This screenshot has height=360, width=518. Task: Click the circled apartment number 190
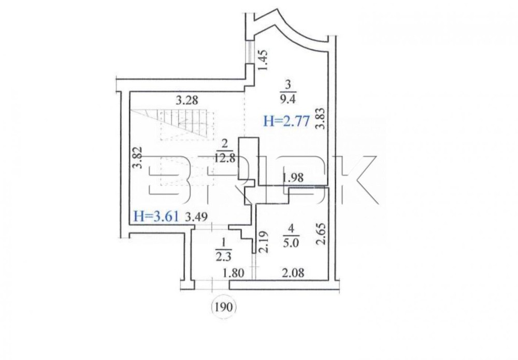point(224,308)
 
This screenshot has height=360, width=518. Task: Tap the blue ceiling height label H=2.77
point(286,122)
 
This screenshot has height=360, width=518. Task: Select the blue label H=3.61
point(156,217)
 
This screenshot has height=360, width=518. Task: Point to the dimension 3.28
point(188,100)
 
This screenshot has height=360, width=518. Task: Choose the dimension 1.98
point(293,178)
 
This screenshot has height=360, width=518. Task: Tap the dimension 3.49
point(196,217)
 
